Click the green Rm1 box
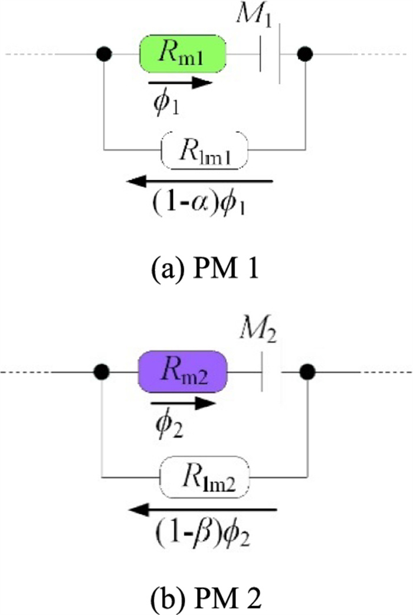182,54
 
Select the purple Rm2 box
182,372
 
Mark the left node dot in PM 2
103,372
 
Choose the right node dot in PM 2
307,372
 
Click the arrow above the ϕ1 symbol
179,83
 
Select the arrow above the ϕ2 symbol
183,404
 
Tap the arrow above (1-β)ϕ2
204,507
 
